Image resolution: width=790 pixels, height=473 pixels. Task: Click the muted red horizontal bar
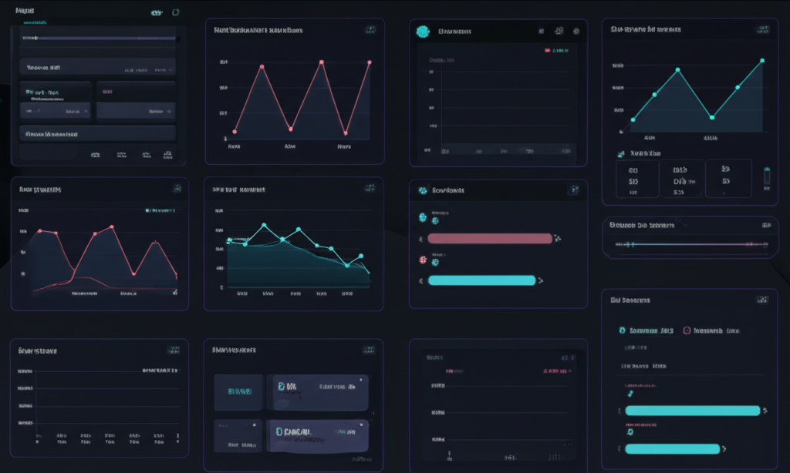tap(490, 239)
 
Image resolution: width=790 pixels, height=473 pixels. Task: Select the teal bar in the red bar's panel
tap(481, 280)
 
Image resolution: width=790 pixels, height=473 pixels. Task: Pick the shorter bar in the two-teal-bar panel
tap(671, 448)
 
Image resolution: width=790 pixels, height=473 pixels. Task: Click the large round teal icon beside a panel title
tap(422, 32)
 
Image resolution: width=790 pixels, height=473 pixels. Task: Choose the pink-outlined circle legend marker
tap(687, 330)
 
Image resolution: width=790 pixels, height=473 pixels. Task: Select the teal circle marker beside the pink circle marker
tap(623, 330)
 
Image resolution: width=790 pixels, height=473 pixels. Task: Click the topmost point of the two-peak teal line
tap(762, 60)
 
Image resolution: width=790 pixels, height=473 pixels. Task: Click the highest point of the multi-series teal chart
tap(264, 225)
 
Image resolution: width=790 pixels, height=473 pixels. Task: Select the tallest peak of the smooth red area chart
tap(112, 226)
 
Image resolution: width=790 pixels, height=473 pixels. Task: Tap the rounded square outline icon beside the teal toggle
tap(176, 12)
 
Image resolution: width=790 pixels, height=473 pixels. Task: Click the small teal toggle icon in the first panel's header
tap(157, 12)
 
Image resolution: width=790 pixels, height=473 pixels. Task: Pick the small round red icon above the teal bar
tap(422, 260)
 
